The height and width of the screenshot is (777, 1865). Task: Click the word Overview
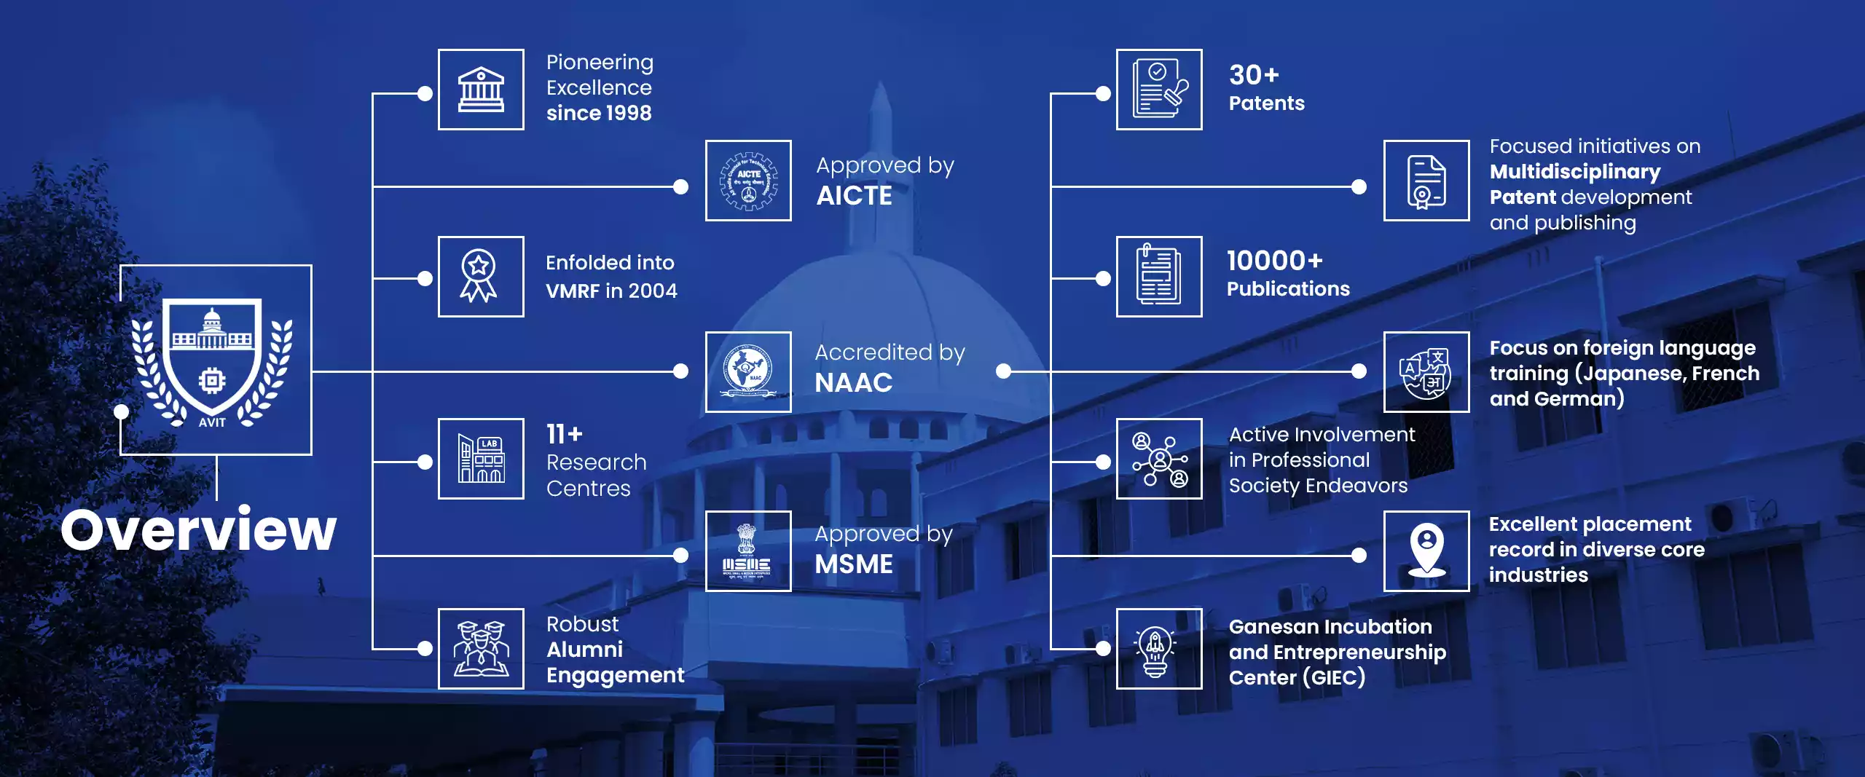click(x=198, y=529)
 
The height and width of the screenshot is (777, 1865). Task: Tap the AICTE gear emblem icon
click(x=748, y=181)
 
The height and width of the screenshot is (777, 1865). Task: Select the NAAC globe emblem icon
click(x=748, y=372)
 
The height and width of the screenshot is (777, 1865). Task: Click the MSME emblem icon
click(x=748, y=551)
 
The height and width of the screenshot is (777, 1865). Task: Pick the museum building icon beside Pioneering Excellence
click(x=481, y=90)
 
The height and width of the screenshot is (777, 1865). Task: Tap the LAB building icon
click(x=481, y=459)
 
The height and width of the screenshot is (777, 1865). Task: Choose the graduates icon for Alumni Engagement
click(x=481, y=649)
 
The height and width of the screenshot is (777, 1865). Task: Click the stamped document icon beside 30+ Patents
click(x=1159, y=90)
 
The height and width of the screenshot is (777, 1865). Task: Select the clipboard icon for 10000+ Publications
click(x=1159, y=277)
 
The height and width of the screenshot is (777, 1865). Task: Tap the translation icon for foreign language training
click(x=1426, y=372)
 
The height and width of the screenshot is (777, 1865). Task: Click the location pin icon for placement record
click(x=1426, y=551)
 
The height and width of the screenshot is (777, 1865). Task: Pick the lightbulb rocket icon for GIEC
click(x=1159, y=649)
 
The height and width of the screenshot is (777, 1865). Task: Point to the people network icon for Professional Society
click(x=1159, y=459)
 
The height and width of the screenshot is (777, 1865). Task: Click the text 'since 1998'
click(x=599, y=114)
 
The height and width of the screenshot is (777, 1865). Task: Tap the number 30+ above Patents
click(x=1254, y=75)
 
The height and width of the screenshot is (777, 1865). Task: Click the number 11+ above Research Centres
click(x=565, y=434)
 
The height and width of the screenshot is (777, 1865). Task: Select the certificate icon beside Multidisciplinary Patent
click(x=1426, y=181)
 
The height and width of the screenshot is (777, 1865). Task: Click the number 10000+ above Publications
click(x=1274, y=261)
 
